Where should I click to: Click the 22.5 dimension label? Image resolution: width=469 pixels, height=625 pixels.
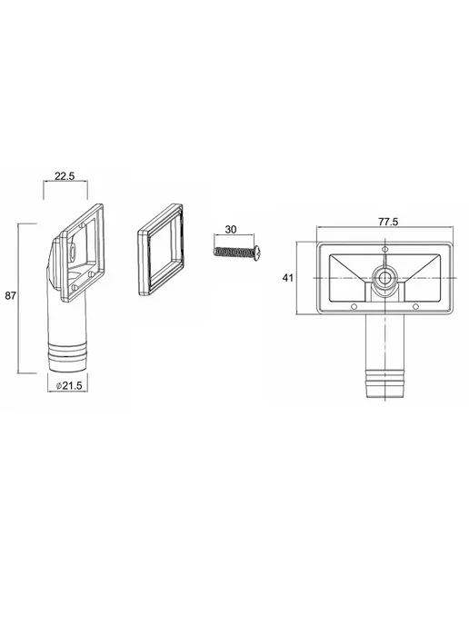(x=65, y=176)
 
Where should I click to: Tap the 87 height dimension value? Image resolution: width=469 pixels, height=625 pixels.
(x=10, y=296)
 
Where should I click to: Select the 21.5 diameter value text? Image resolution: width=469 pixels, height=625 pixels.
(x=72, y=385)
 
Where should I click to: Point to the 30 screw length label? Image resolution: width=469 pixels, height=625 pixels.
(x=231, y=230)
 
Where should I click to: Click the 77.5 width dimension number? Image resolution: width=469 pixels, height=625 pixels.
(x=388, y=222)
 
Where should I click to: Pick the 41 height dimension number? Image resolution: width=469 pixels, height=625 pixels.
(x=288, y=278)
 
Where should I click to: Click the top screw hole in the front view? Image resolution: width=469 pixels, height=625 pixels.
(x=384, y=250)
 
